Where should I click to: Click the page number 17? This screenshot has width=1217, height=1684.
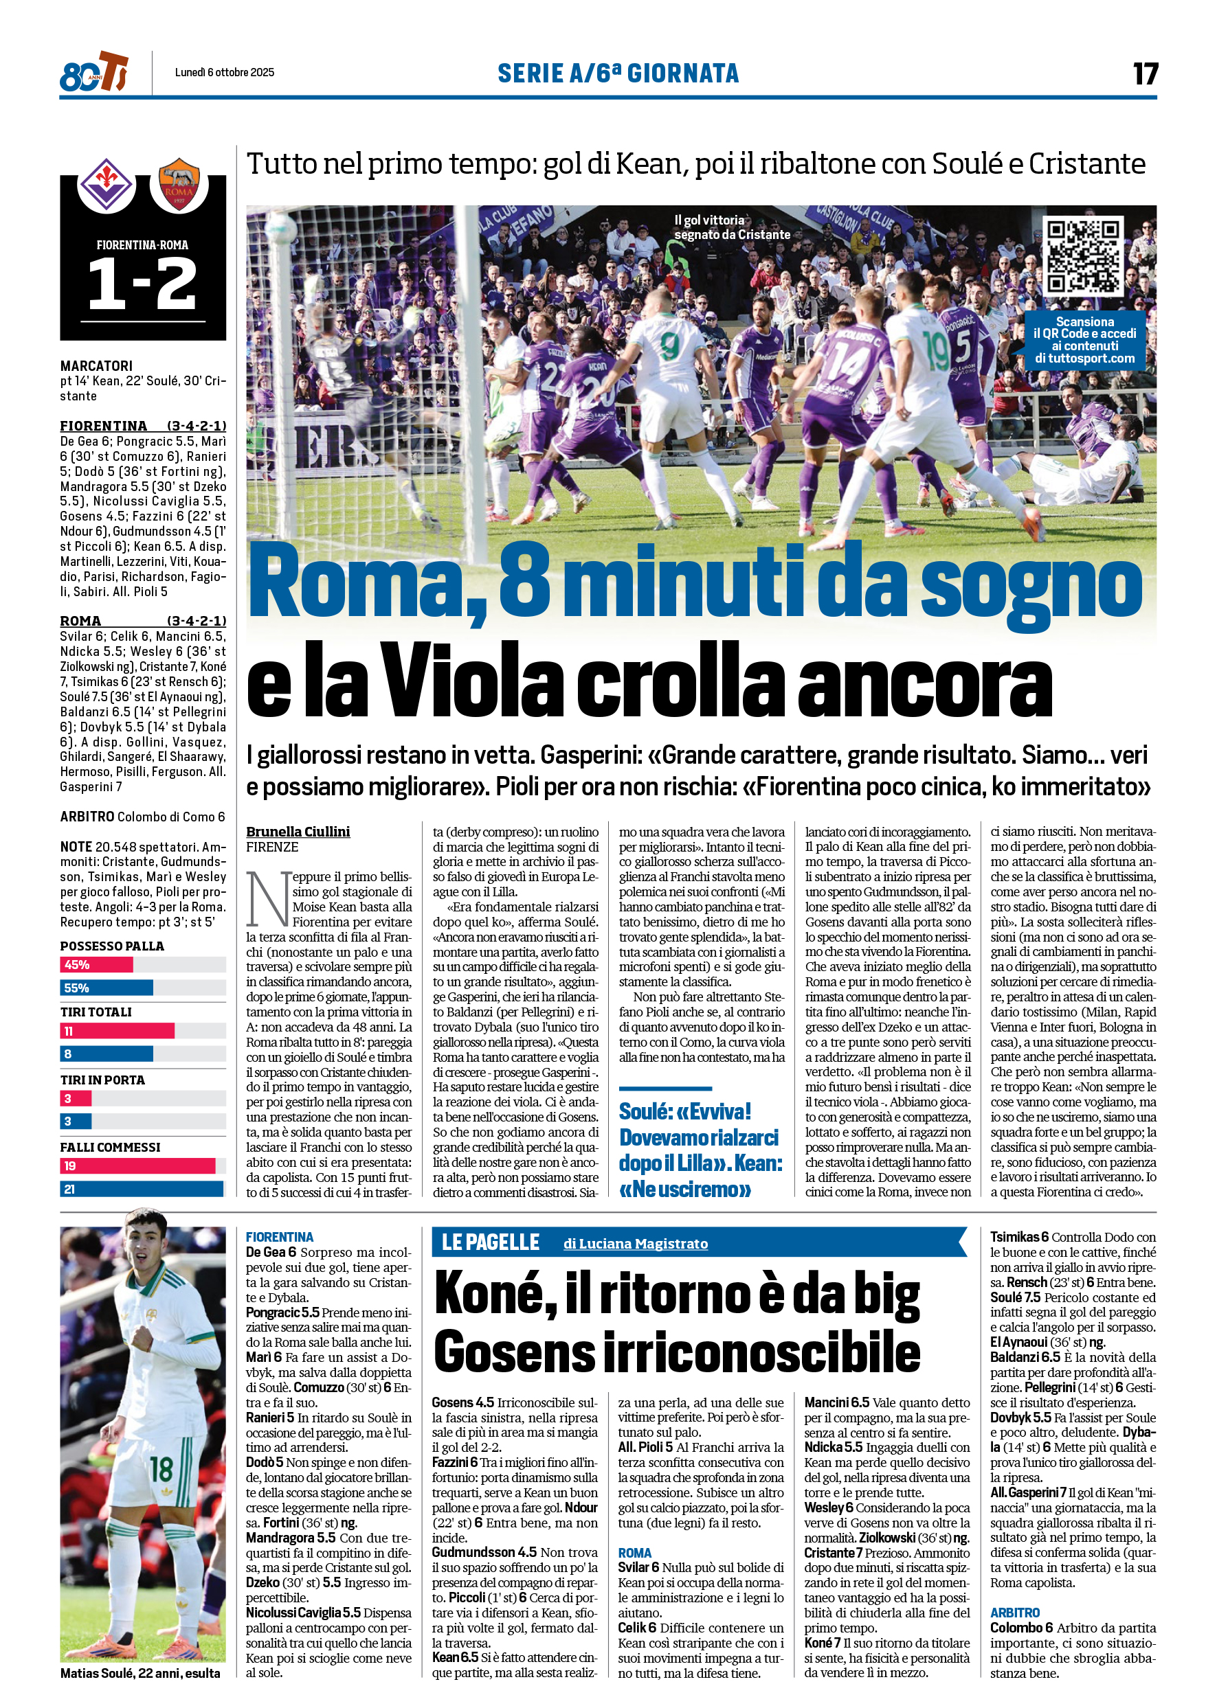1144,73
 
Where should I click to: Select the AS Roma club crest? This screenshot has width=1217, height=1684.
178,185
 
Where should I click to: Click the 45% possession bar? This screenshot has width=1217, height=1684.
97,964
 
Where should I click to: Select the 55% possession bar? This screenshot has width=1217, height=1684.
107,988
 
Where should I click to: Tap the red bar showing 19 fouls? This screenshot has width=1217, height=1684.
137,1165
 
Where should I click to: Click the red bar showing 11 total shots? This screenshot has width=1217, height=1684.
118,1031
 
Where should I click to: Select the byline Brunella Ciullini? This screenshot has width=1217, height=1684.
298,832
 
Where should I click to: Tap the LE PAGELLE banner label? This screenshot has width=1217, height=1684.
491,1242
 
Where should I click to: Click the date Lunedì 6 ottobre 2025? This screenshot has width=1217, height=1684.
225,72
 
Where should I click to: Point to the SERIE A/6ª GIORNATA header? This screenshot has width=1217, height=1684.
618,73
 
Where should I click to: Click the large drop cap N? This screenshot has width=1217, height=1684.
267,899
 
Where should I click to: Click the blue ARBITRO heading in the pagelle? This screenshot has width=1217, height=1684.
1015,1613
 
